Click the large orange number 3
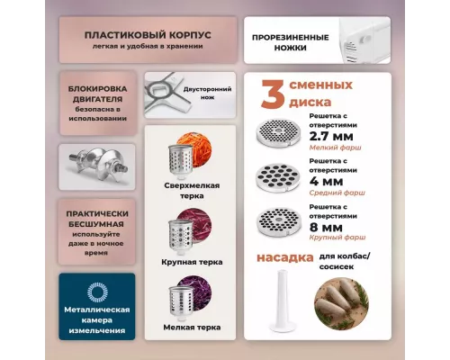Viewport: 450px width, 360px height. pos(273,94)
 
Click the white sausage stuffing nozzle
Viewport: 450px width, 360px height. pos(282,301)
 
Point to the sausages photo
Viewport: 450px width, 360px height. pos(341,303)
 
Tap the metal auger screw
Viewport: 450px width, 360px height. pos(97,166)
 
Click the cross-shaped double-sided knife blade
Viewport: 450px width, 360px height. pos(167,94)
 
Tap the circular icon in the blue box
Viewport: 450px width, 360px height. pos(97,292)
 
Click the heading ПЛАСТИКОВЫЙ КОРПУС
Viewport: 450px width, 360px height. pos(148,35)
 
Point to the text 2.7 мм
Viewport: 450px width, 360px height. pos(331,137)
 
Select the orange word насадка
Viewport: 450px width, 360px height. pos(285,257)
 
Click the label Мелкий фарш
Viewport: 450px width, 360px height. pos(335,148)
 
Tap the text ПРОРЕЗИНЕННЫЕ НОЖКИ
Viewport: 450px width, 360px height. pos(290,42)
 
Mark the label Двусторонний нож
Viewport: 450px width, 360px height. pos(207,93)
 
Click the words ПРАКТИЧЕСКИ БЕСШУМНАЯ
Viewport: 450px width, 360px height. pos(97,219)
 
